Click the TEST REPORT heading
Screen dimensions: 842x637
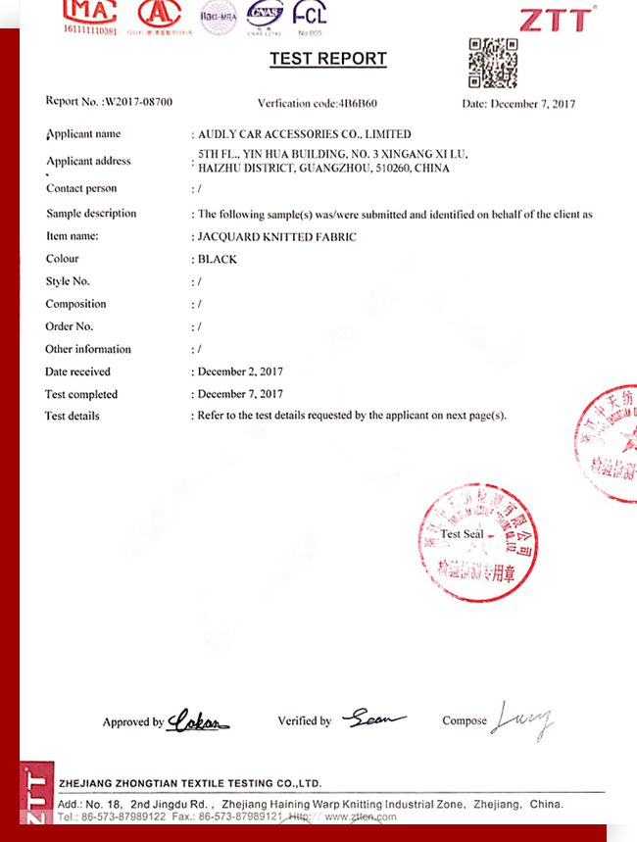[328, 59]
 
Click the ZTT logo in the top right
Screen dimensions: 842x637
[556, 20]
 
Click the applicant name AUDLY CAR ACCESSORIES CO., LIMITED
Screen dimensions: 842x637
[305, 133]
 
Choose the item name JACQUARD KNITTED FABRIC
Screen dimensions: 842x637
[277, 236]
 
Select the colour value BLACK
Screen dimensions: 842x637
[218, 260]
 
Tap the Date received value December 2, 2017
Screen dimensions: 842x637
[240, 371]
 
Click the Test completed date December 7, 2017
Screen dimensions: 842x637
[240, 394]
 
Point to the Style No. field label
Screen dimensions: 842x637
[68, 281]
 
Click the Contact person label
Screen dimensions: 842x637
[81, 188]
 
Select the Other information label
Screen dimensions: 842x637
[88, 349]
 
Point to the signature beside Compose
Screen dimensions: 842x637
[522, 720]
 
